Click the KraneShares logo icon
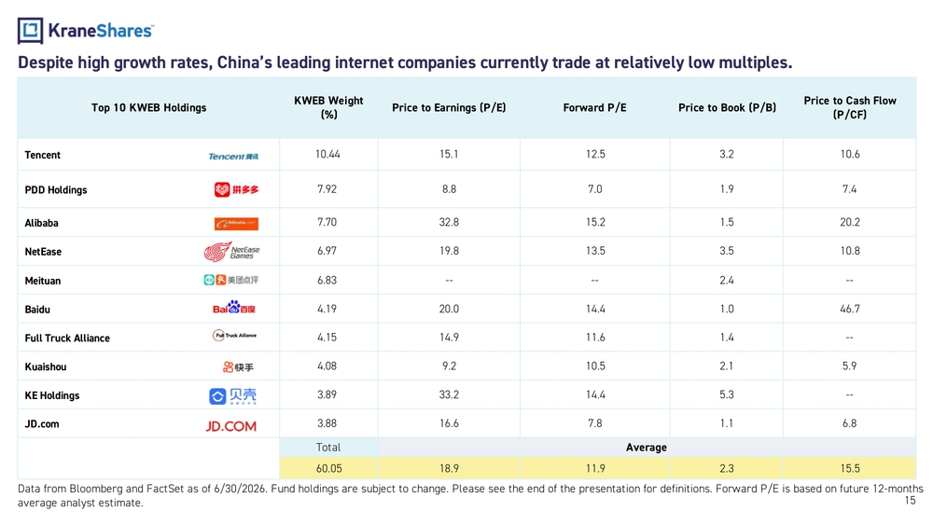tap(31, 31)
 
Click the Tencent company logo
tap(233, 157)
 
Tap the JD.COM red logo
tap(230, 426)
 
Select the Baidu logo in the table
tap(234, 308)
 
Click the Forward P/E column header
tap(594, 107)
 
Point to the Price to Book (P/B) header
tap(727, 107)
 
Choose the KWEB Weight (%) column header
tap(328, 107)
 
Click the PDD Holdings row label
tap(56, 190)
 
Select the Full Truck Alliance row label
tap(67, 338)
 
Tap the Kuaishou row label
tap(45, 366)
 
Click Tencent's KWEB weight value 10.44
tap(327, 155)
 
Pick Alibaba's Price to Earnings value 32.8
tap(450, 222)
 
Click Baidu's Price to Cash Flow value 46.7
tap(850, 310)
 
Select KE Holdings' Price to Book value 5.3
tap(727, 394)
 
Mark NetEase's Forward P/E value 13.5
tap(595, 251)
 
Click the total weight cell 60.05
tap(329, 468)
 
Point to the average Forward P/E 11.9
tap(595, 468)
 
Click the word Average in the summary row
tap(647, 448)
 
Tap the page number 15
tap(910, 501)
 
